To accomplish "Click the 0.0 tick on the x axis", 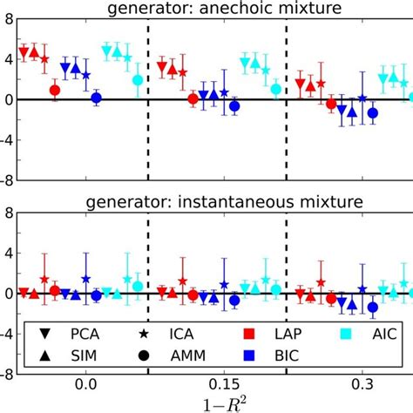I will coord(85,384).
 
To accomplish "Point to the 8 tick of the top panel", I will coord(8,18).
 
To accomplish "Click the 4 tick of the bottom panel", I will coord(8,254).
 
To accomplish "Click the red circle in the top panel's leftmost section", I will coord(55,90).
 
